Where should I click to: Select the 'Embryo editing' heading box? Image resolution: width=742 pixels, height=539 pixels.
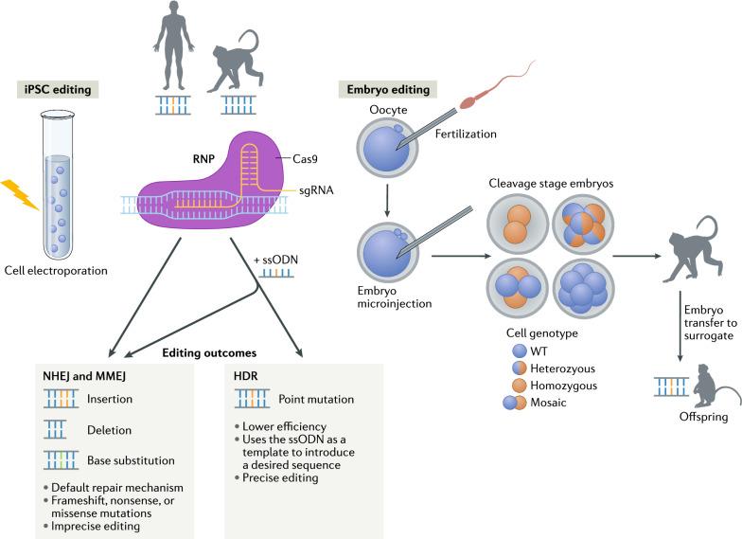point(388,90)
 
